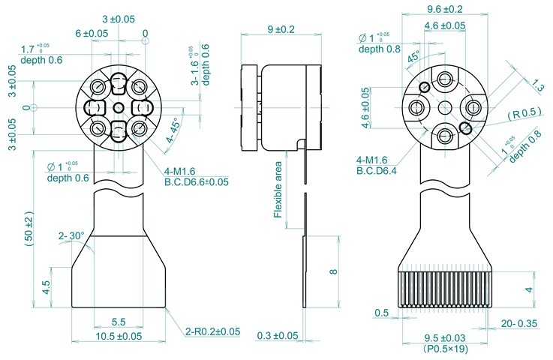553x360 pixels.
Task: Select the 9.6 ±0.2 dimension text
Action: click(444, 10)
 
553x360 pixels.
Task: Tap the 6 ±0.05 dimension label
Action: click(92, 34)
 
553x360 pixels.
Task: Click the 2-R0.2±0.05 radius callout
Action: click(212, 331)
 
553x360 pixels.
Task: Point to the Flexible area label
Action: click(278, 189)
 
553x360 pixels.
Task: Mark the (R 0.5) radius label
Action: click(523, 114)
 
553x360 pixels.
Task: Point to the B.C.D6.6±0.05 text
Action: click(197, 181)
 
